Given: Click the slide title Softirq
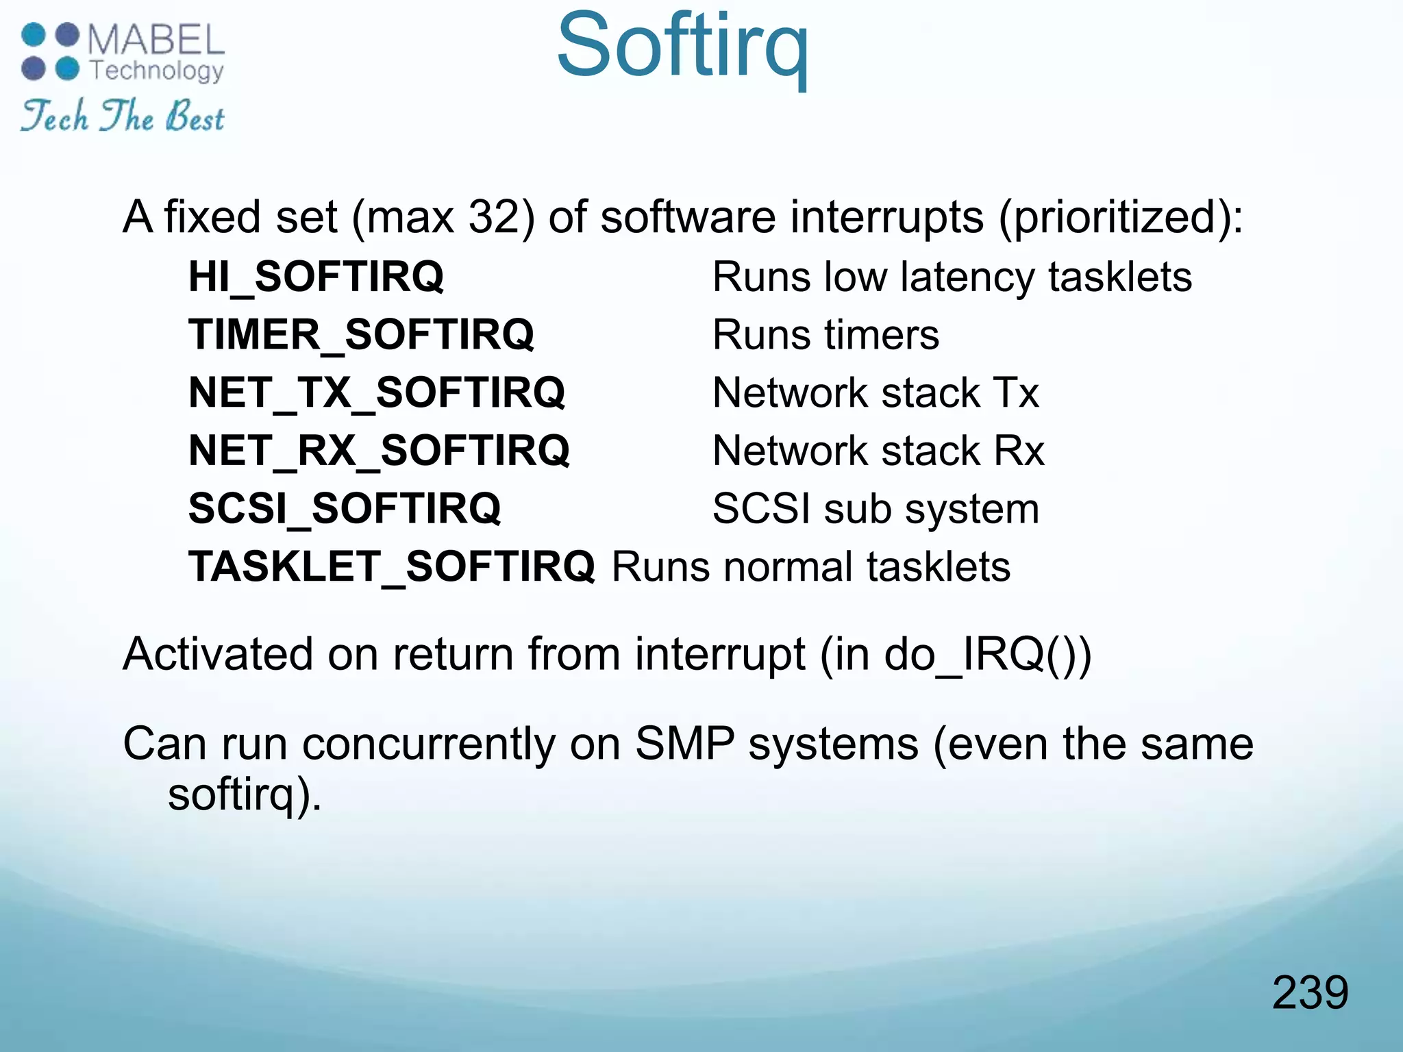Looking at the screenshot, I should [x=682, y=47].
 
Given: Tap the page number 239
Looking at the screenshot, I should [x=1310, y=992].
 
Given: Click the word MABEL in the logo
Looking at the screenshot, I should [x=156, y=40].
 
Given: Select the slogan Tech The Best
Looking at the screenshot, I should [x=122, y=116].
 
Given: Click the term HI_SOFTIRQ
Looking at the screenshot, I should [x=316, y=277].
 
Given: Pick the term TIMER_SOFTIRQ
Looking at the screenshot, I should [x=361, y=335].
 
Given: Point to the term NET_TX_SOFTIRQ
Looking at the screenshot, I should [x=377, y=393].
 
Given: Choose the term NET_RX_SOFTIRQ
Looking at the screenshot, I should [x=379, y=451].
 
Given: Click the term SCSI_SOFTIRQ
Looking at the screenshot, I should [x=345, y=509].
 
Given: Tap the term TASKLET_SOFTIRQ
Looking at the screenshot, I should [x=392, y=567].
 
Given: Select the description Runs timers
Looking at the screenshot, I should [x=825, y=335].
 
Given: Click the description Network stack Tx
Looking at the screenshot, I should [x=876, y=393].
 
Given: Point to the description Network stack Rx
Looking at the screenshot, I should [x=878, y=451].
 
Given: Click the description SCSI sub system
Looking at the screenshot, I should [x=876, y=509].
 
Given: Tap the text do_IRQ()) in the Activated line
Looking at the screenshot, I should [x=987, y=654].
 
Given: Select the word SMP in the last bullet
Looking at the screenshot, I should [x=684, y=744].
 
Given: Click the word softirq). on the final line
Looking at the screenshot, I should [x=245, y=794].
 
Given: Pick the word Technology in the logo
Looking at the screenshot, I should [x=157, y=70].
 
